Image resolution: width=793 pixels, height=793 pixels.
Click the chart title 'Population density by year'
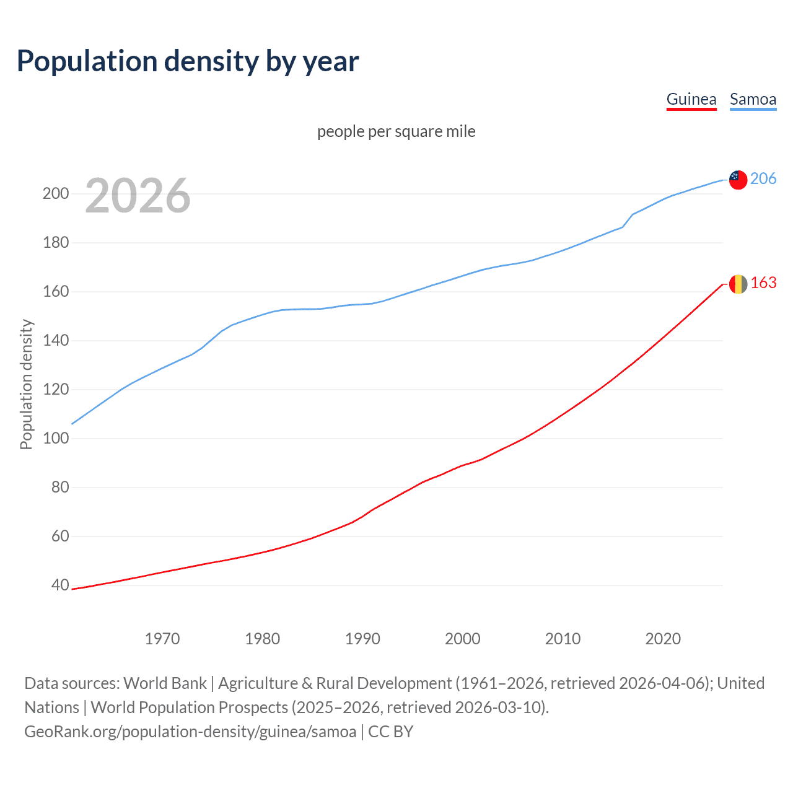click(188, 61)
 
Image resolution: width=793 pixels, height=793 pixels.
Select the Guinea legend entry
click(691, 99)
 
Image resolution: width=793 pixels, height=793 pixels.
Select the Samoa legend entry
click(753, 99)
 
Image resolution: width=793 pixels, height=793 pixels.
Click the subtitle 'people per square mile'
click(396, 131)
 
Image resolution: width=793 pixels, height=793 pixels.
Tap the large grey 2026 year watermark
click(138, 196)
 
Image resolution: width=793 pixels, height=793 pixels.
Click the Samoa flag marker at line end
click(738, 180)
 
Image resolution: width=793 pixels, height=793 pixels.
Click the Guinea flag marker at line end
click(738, 284)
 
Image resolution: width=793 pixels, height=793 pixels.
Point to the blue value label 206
click(763, 178)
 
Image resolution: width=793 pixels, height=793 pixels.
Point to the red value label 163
click(763, 283)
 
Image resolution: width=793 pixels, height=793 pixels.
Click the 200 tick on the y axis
click(56, 193)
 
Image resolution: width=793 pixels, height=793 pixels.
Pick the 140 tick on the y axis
click(56, 340)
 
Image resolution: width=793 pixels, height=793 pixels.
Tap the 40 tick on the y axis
click(60, 585)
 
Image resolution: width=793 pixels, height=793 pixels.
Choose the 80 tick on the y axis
click(60, 487)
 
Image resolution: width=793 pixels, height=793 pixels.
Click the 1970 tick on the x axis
click(162, 639)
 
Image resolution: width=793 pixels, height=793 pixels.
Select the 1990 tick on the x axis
click(362, 639)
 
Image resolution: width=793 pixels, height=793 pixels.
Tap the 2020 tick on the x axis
click(663, 639)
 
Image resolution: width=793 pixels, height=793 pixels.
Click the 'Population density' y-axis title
click(26, 384)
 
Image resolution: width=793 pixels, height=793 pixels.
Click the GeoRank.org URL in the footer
click(190, 732)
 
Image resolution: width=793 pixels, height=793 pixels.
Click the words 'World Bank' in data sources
click(165, 683)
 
